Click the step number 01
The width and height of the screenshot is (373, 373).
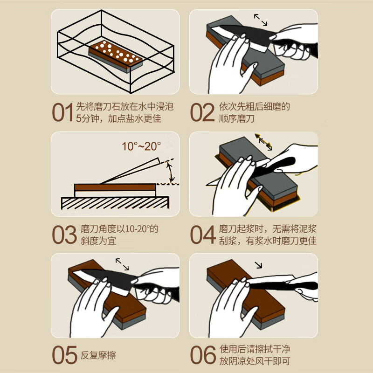(63, 112)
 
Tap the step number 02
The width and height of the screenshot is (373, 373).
(202, 112)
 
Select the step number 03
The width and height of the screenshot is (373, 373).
(63, 235)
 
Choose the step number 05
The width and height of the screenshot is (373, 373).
(63, 355)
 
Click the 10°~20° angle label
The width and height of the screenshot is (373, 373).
(141, 146)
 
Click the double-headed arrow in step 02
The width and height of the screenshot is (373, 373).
(261, 20)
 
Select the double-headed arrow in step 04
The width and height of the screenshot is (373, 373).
(264, 142)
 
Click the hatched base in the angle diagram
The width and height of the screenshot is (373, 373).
(115, 202)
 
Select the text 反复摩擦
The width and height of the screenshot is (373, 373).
(98, 356)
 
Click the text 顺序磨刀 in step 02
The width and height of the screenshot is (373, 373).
(237, 118)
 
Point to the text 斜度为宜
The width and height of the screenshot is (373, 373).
(99, 241)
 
